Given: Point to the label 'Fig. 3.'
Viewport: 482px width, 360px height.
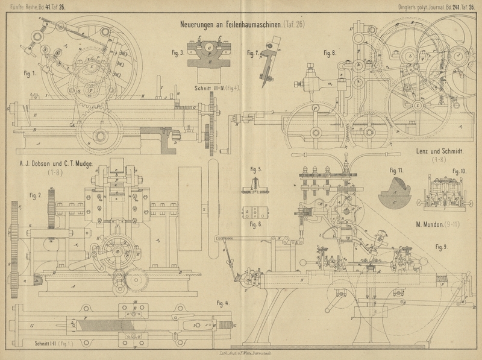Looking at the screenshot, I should tap(177, 53).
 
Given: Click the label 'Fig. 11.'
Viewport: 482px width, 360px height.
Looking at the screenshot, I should tap(396, 171).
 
